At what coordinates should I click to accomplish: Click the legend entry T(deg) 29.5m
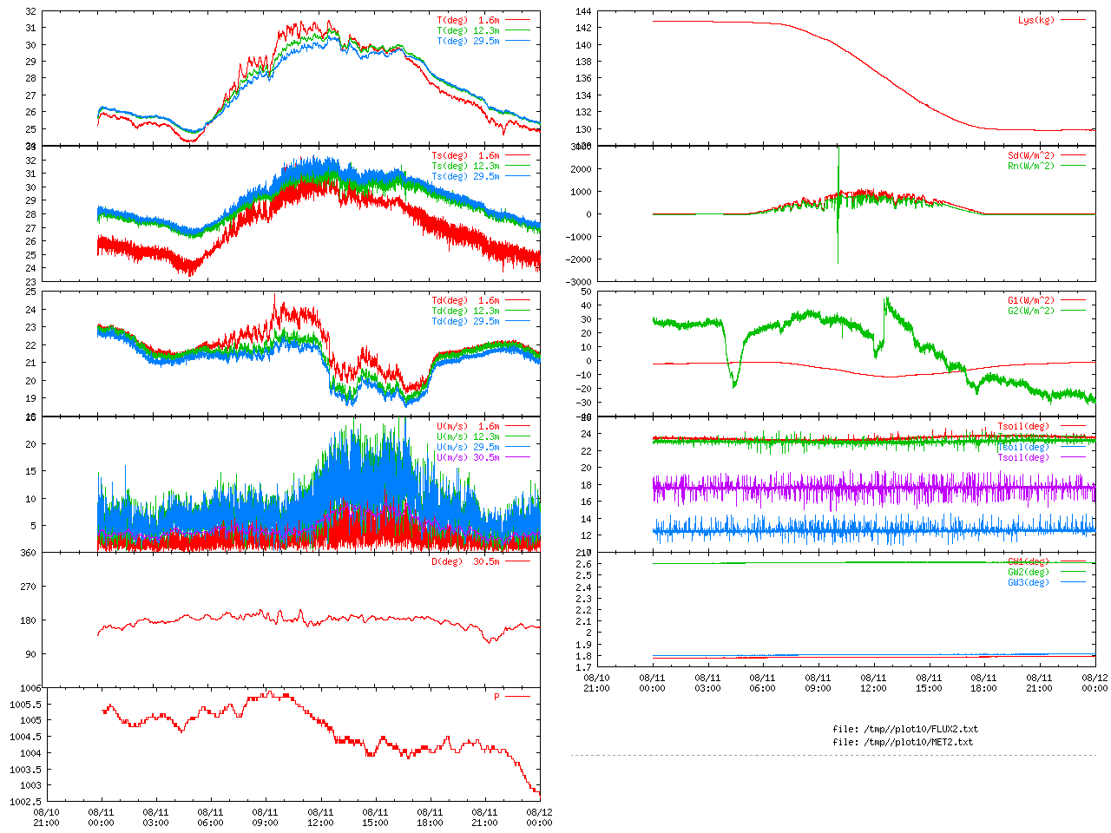point(469,41)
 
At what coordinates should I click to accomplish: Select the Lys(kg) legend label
point(1036,20)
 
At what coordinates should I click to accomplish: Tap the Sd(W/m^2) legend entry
point(1031,156)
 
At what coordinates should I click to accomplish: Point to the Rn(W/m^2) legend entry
point(1031,166)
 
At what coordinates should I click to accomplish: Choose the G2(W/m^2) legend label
point(1031,311)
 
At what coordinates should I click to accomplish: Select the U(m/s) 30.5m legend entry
point(469,457)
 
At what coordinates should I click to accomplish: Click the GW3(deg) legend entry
point(1029,582)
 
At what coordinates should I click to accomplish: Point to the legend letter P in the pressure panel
point(496,697)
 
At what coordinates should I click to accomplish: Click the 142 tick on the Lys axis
point(583,29)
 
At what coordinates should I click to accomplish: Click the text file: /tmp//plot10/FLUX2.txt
point(905,729)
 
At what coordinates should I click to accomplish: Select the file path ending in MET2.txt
point(903,742)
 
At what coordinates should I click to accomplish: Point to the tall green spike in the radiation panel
point(838,174)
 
